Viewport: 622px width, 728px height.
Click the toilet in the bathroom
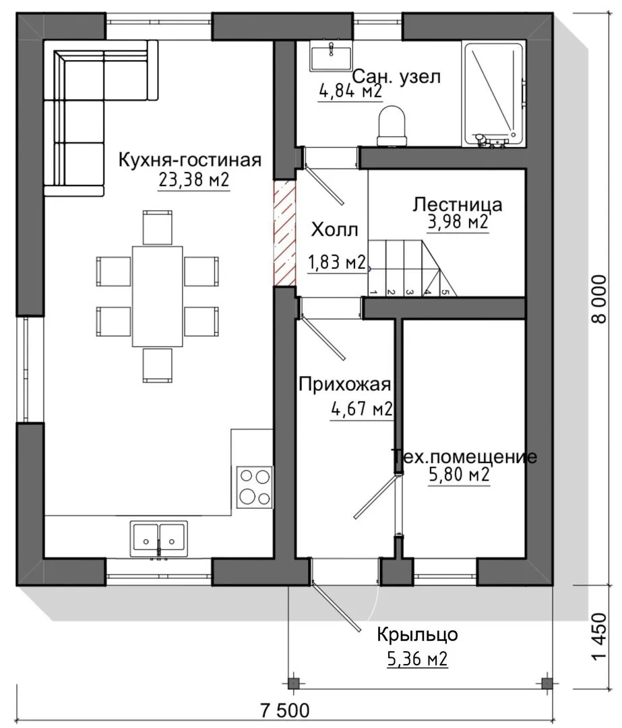tap(392, 125)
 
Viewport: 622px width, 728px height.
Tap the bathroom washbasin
tap(330, 56)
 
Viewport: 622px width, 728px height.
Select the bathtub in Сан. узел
tap(494, 95)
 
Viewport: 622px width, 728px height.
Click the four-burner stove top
tap(254, 487)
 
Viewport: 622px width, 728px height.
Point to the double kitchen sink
tap(159, 539)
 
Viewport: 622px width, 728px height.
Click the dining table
tap(158, 296)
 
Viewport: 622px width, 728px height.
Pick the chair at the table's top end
tap(158, 227)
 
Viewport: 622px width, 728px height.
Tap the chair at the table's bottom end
tap(158, 365)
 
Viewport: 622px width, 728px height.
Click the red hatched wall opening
tap(285, 233)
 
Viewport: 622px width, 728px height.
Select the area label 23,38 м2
tap(194, 179)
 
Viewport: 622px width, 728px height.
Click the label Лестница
tap(458, 204)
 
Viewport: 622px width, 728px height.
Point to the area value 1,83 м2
tap(337, 263)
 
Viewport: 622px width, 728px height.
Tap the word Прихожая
tap(345, 384)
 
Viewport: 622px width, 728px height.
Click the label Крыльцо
tap(417, 634)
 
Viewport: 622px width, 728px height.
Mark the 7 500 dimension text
tap(284, 710)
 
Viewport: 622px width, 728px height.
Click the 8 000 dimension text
tap(600, 299)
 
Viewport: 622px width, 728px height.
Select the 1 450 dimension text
tap(600, 636)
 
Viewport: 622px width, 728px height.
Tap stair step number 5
tap(445, 292)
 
